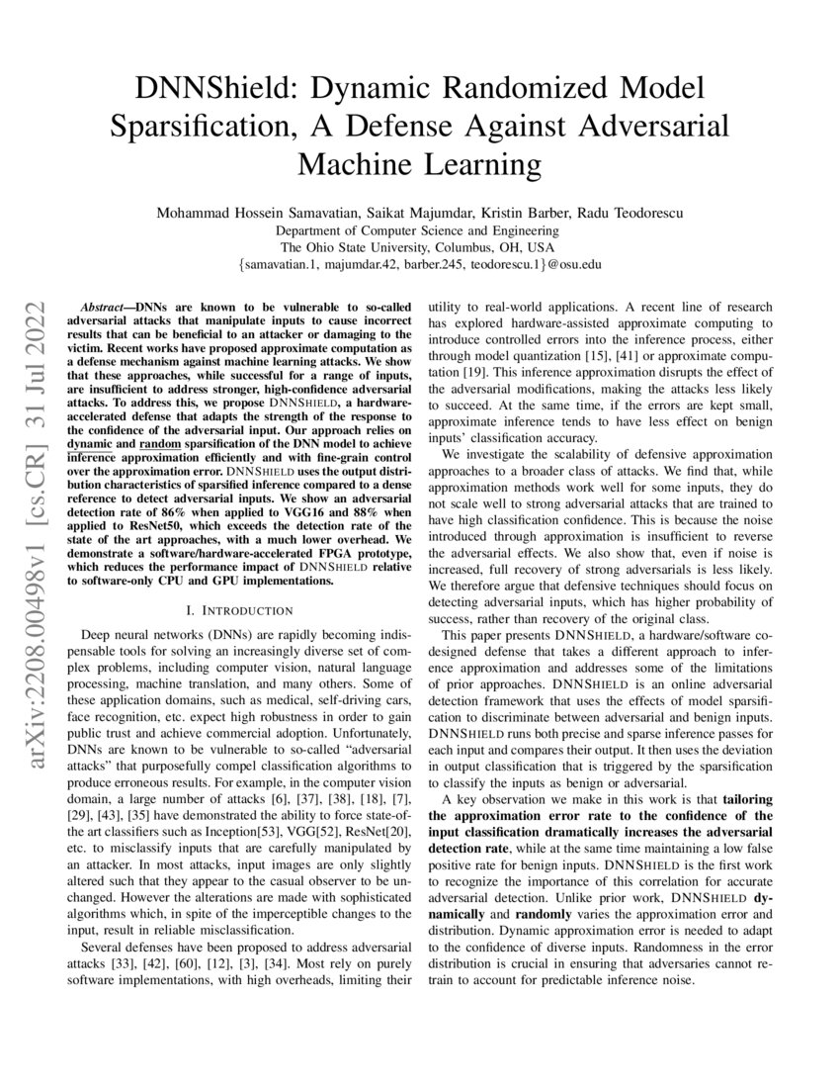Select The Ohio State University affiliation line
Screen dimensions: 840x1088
pyautogui.click(x=419, y=247)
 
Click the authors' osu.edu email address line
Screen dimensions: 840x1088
pyautogui.click(x=419, y=265)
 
